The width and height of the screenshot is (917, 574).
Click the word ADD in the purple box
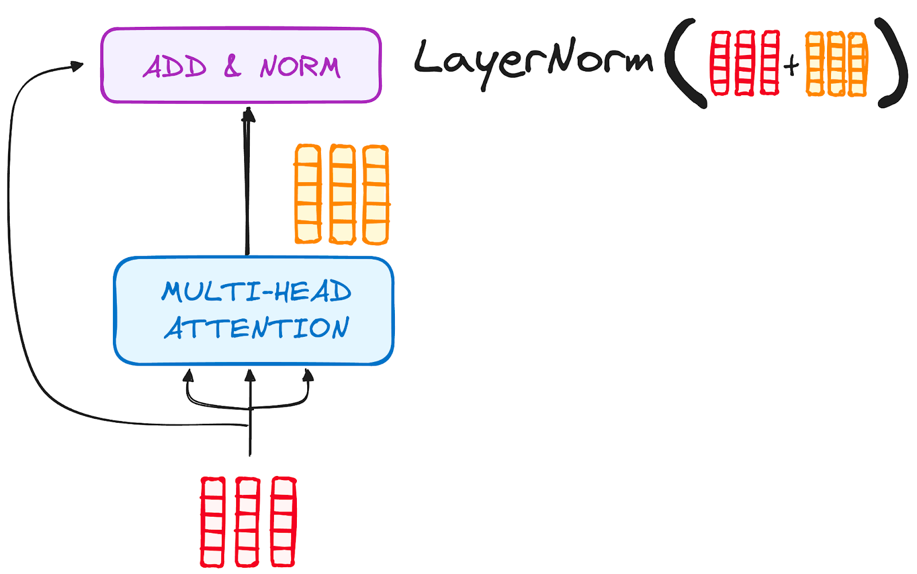(x=175, y=67)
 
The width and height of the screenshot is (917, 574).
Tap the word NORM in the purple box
(x=300, y=67)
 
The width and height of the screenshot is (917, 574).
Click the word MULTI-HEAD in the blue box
(x=256, y=292)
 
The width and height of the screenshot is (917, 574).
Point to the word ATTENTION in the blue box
(x=256, y=328)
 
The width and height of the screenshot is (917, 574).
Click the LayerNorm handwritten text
(x=533, y=60)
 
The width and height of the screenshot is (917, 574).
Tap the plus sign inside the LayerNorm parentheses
(x=791, y=65)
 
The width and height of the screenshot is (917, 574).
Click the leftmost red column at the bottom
(x=212, y=522)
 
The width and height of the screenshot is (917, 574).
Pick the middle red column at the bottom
(x=248, y=522)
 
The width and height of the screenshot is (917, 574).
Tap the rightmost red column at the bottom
(x=283, y=522)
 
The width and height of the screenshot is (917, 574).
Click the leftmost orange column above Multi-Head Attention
(x=308, y=194)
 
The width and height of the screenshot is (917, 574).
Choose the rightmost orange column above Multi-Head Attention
(x=376, y=195)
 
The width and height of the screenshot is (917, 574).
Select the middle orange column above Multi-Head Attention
(x=342, y=195)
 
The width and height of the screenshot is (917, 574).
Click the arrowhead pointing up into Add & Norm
(x=248, y=114)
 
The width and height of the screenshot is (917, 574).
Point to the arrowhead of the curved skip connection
(x=77, y=66)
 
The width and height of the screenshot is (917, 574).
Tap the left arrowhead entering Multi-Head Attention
(x=188, y=376)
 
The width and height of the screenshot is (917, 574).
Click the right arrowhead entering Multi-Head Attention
(x=308, y=375)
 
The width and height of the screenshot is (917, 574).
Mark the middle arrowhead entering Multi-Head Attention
(x=250, y=376)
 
